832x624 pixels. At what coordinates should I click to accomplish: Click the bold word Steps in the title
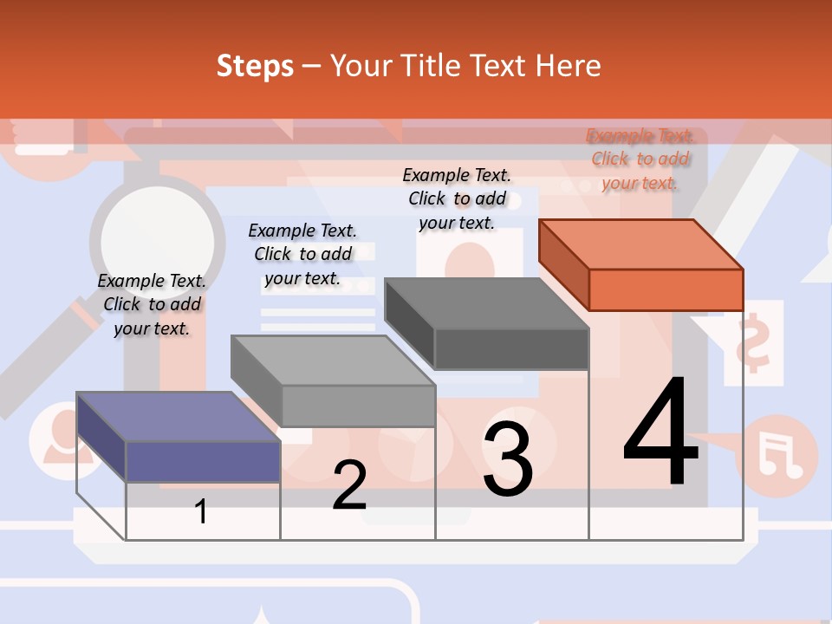(255, 66)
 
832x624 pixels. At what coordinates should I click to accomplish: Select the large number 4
(660, 433)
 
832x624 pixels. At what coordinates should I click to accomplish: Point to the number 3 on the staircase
(508, 459)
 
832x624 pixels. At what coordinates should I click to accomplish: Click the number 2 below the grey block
(350, 485)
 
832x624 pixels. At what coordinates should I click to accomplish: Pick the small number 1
(201, 511)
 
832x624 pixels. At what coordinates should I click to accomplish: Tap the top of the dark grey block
(486, 303)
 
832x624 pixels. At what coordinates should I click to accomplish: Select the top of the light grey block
(333, 361)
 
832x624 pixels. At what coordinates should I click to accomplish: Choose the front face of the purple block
(203, 461)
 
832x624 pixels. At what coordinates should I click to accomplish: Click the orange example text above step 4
(640, 159)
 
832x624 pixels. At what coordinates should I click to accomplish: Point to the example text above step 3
(457, 198)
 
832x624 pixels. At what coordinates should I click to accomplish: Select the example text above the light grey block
(302, 254)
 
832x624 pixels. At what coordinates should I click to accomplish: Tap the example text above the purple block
(152, 304)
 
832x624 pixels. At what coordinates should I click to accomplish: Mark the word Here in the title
(569, 66)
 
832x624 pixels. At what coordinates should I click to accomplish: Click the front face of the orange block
(666, 289)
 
